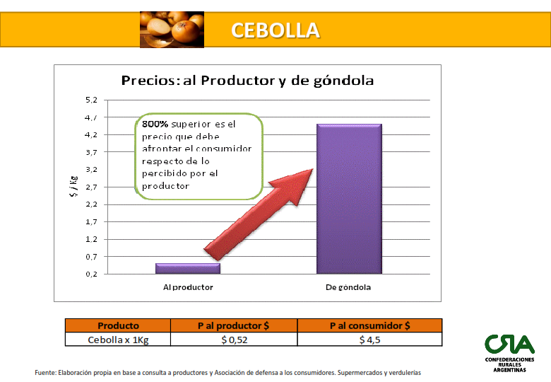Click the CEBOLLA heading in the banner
[x=275, y=30]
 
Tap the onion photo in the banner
[x=172, y=30]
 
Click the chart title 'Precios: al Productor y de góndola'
[x=247, y=81]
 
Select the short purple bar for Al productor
[x=188, y=268]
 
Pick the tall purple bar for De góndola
[x=349, y=199]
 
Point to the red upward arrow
[x=259, y=214]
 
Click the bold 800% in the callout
[x=155, y=125]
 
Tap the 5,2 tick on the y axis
[x=91, y=100]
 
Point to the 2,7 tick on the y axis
[x=91, y=187]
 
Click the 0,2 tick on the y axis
[x=91, y=274]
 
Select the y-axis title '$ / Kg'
[x=73, y=186]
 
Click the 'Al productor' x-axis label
[x=188, y=287]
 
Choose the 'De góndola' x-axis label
[x=348, y=287]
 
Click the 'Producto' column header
[x=118, y=325]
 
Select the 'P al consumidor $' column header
[x=369, y=325]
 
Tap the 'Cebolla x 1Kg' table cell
[x=118, y=340]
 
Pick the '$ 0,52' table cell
[x=235, y=340]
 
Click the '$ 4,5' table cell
[x=369, y=340]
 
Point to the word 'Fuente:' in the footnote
[x=45, y=373]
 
